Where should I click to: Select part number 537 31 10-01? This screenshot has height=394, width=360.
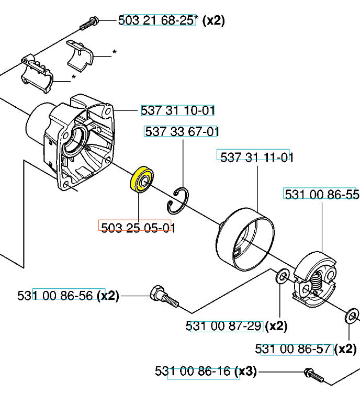pos(177,110)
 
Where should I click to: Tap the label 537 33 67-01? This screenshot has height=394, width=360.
pos(182,131)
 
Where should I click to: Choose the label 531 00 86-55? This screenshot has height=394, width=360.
pos(322,194)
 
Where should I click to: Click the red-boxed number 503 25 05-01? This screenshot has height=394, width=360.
pos(138,228)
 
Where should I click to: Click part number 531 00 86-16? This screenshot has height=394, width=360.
pos(193,371)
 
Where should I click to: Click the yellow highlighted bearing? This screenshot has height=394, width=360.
pos(142,179)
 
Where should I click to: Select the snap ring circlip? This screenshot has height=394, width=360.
pos(178,201)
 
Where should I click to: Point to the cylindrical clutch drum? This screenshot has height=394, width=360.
pos(245,239)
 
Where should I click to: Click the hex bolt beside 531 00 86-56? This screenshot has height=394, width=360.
pos(164,297)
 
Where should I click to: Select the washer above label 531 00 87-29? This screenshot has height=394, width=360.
pos(283,276)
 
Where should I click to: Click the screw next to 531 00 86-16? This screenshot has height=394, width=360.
pos(313,375)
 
